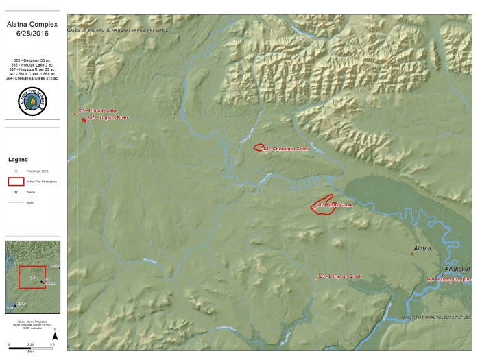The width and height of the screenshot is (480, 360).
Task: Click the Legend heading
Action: pos(18,159)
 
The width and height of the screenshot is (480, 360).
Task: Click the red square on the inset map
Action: pos(32,275)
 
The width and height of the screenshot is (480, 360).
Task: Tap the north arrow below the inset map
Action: pos(55,335)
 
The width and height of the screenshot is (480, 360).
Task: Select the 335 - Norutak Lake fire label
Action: pos(97,110)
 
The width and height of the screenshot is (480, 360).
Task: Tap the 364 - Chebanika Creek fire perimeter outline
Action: pos(259,147)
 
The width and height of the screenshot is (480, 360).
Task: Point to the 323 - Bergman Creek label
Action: pos(339,276)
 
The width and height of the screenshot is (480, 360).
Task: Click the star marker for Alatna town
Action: pos(412,254)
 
